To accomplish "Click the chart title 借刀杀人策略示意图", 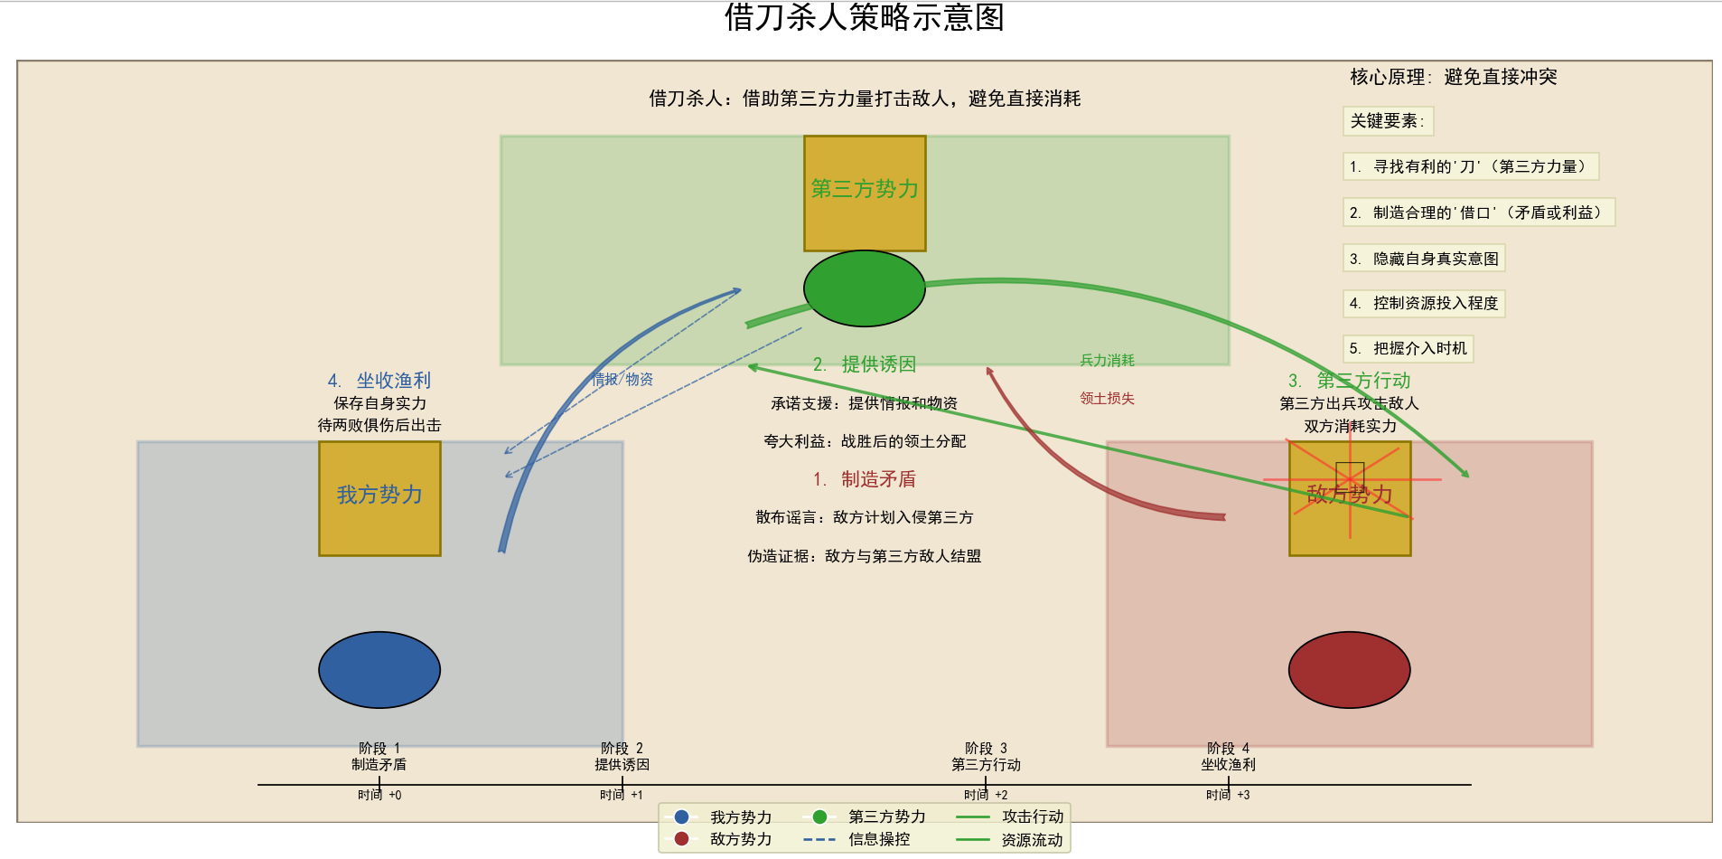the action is pos(864,17).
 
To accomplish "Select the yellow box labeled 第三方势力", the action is pos(865,193).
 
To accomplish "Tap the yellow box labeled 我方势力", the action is pos(379,498).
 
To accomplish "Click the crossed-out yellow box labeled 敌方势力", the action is pos(1349,498).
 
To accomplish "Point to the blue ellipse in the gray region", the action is pos(379,669).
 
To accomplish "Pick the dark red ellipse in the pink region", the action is pos(1349,669).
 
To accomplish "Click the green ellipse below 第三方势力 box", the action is pos(864,288).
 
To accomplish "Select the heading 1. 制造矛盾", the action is pos(865,479).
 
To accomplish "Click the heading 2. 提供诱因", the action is pos(865,364).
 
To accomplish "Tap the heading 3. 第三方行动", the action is pos(1349,381).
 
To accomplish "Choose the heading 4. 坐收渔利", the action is pos(379,381).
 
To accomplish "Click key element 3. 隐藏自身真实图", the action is pos(1424,259).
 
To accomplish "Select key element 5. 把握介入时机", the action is pos(1408,348).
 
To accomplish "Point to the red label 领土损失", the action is pos(1107,398).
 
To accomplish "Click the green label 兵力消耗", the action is pos(1107,360).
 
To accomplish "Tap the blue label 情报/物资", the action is pos(622,379).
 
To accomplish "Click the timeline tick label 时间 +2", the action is pos(986,795).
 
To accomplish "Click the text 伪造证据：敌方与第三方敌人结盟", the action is pos(864,556).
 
